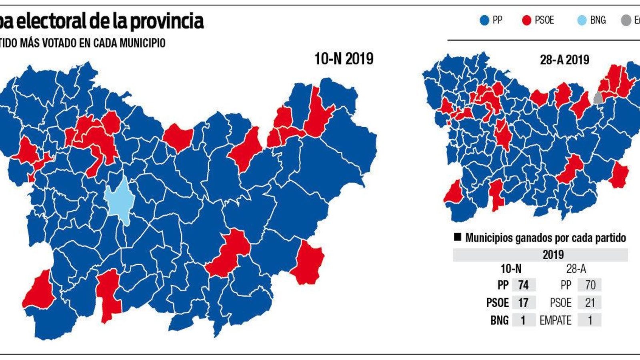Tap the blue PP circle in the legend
484,20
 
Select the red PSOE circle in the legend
527,20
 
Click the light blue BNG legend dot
582,20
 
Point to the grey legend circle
626,20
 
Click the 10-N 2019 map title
344,59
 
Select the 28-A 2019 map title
564,60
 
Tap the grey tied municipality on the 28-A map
598,98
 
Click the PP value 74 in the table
523,285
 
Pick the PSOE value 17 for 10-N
523,303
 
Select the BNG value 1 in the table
523,320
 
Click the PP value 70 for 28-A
590,285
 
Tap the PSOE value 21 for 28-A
590,303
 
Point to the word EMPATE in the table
555,320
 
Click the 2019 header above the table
553,255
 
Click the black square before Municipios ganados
457,237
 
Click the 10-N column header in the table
511,269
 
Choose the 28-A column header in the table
576,269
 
